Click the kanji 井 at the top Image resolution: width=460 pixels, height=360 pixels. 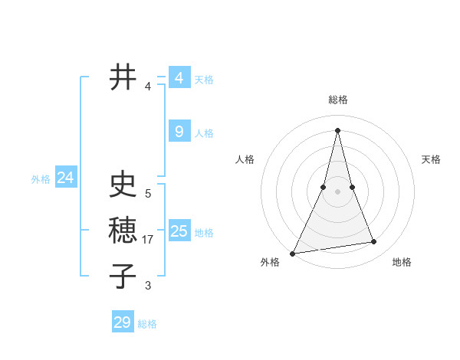pyautogui.click(x=123, y=77)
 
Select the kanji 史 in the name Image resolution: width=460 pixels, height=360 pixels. pyautogui.click(x=123, y=185)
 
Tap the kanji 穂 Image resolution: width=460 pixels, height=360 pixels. pyautogui.click(x=123, y=230)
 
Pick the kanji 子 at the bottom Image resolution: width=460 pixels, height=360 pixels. pyautogui.click(x=123, y=276)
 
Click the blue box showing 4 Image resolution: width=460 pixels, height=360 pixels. pyautogui.click(x=179, y=78)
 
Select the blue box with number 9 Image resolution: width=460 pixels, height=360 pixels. pyautogui.click(x=179, y=132)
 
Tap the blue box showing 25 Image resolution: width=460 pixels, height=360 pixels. pyautogui.click(x=179, y=231)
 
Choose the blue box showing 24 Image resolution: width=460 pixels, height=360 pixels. pyautogui.click(x=65, y=178)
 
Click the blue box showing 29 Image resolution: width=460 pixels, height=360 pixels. pyautogui.click(x=122, y=322)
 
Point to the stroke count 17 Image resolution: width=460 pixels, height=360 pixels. pyautogui.click(x=149, y=240)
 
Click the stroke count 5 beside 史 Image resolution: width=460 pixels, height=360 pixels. pyautogui.click(x=148, y=194)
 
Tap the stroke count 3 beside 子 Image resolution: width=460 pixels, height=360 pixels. pyautogui.click(x=148, y=286)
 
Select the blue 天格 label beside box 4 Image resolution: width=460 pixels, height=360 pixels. pyautogui.click(x=204, y=80)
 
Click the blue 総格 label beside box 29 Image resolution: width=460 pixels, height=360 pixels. pyautogui.click(x=147, y=324)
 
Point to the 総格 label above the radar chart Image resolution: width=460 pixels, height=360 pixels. pyautogui.click(x=337, y=100)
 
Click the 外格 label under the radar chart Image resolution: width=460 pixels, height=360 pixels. pyautogui.click(x=270, y=262)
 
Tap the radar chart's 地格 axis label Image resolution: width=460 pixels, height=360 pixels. pyautogui.click(x=402, y=262)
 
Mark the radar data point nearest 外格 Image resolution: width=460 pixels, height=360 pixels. pyautogui.click(x=293, y=253)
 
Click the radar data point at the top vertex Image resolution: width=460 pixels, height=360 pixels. pyautogui.click(x=337, y=130)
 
